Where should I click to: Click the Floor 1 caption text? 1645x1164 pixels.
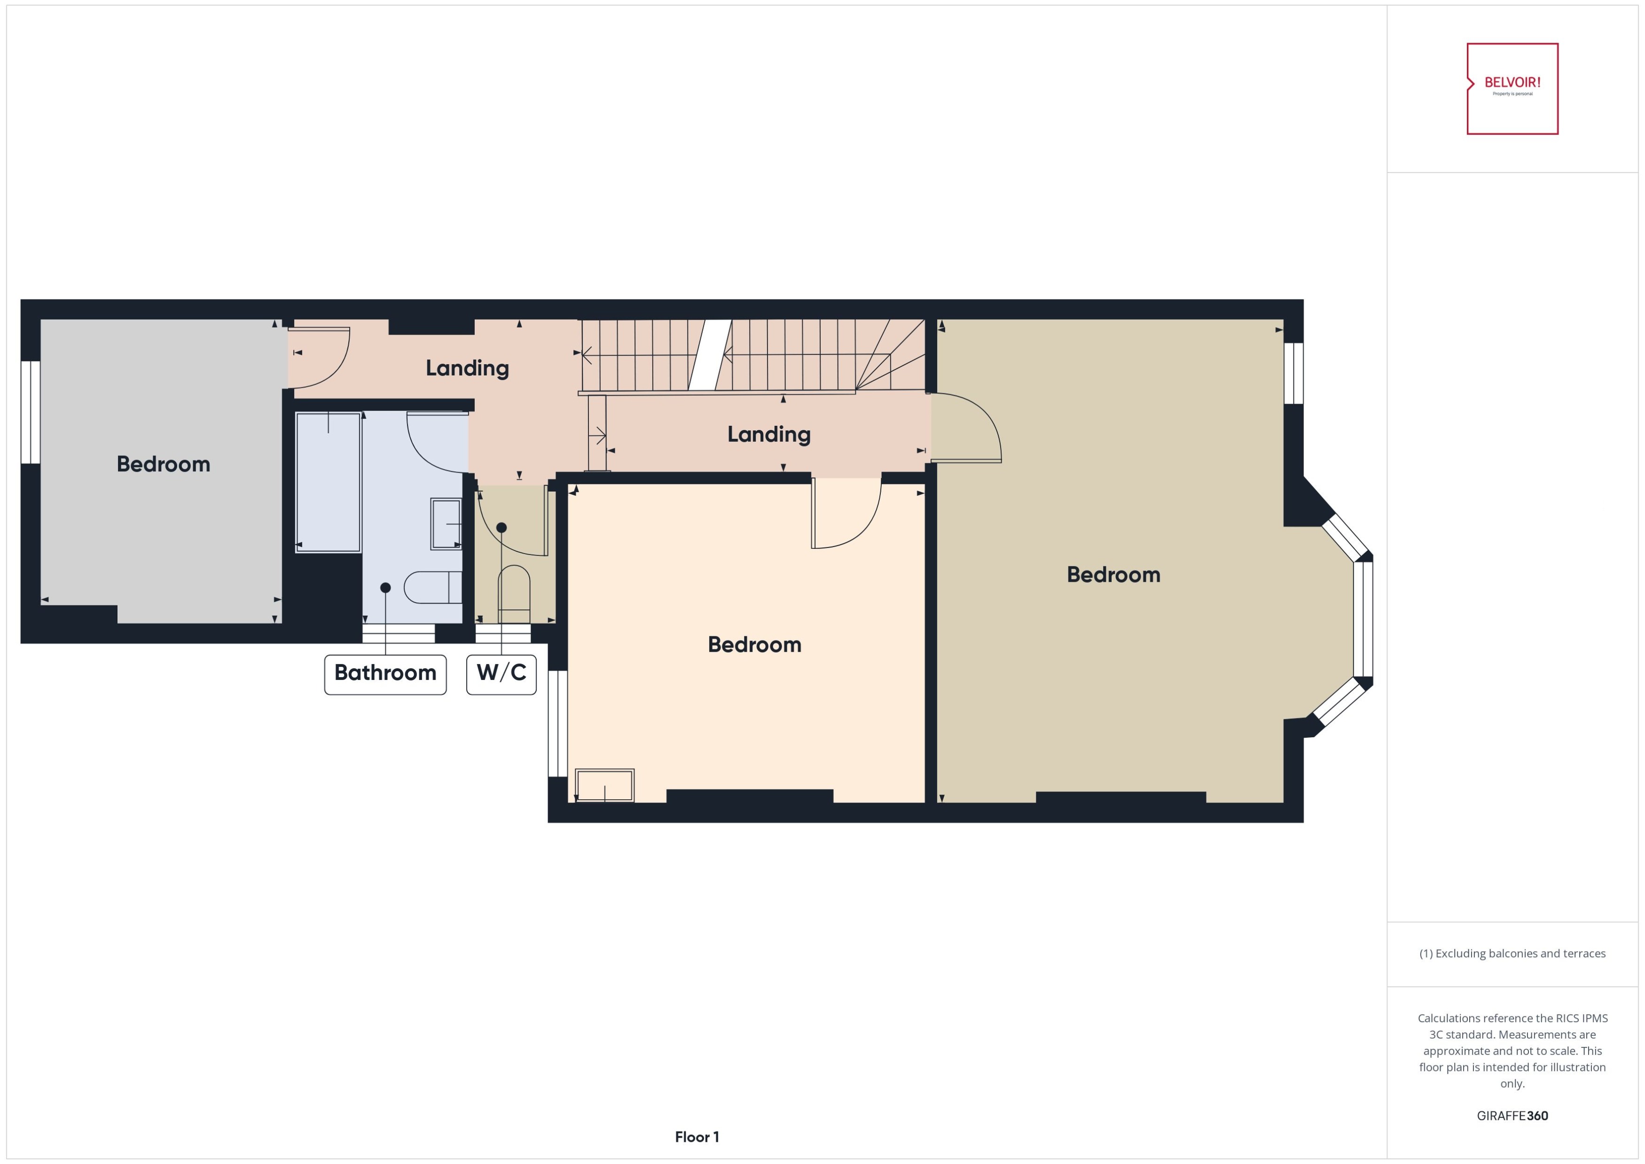tap(696, 1137)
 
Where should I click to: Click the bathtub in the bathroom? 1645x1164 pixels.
tap(328, 482)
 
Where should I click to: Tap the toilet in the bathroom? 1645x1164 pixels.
tap(432, 588)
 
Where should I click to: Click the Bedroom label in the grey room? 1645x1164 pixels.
tap(164, 464)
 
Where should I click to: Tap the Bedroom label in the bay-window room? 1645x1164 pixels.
tap(1112, 575)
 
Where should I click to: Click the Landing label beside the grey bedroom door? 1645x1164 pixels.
tap(467, 368)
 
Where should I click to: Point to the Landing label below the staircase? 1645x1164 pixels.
tap(768, 434)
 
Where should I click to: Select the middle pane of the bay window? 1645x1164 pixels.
tap(1363, 619)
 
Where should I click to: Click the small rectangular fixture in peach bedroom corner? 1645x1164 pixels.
tap(604, 786)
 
